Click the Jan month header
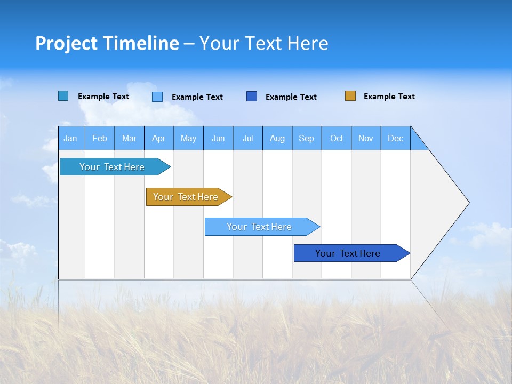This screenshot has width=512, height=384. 71,138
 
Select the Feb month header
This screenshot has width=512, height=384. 100,138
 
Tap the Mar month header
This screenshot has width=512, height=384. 129,138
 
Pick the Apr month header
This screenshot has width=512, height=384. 159,138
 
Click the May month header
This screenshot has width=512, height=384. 188,138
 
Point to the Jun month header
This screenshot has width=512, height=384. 218,138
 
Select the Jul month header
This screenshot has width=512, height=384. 247,138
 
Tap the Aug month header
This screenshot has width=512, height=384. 277,138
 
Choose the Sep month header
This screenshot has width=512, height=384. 307,138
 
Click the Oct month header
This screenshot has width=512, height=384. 337,138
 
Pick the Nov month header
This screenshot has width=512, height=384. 366,138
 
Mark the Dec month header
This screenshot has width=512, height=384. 396,138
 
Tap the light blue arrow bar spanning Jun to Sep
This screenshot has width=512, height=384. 260,227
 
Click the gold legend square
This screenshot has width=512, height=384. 350,96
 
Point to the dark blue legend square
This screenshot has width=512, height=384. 252,97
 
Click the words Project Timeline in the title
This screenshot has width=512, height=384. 107,43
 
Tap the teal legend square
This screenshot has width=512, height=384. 63,96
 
